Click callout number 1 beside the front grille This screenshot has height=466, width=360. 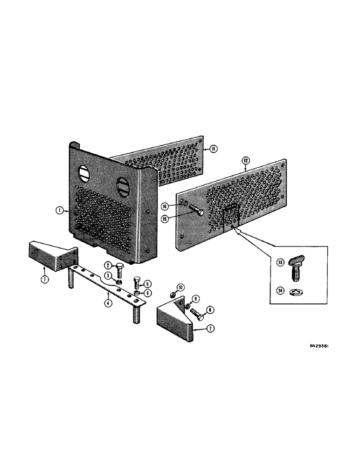(59, 211)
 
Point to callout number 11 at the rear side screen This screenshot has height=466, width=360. (214, 149)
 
